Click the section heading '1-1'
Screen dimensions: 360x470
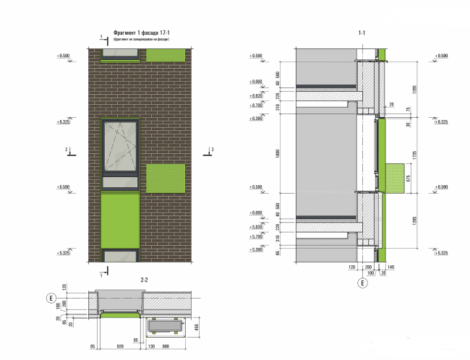[x=362, y=33]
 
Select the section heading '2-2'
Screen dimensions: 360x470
[x=143, y=280]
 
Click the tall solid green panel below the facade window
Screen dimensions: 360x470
[x=119, y=218]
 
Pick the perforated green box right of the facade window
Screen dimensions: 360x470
[x=166, y=178]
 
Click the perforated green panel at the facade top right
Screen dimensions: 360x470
[x=166, y=55]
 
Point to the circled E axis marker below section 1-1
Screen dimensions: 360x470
[x=362, y=283]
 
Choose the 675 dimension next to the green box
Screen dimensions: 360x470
[x=409, y=178]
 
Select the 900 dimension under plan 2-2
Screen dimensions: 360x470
[x=167, y=346]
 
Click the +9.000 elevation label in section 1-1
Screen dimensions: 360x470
[x=256, y=82]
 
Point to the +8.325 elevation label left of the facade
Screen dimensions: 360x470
[x=64, y=122]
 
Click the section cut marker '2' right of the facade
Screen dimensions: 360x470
[x=212, y=150]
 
